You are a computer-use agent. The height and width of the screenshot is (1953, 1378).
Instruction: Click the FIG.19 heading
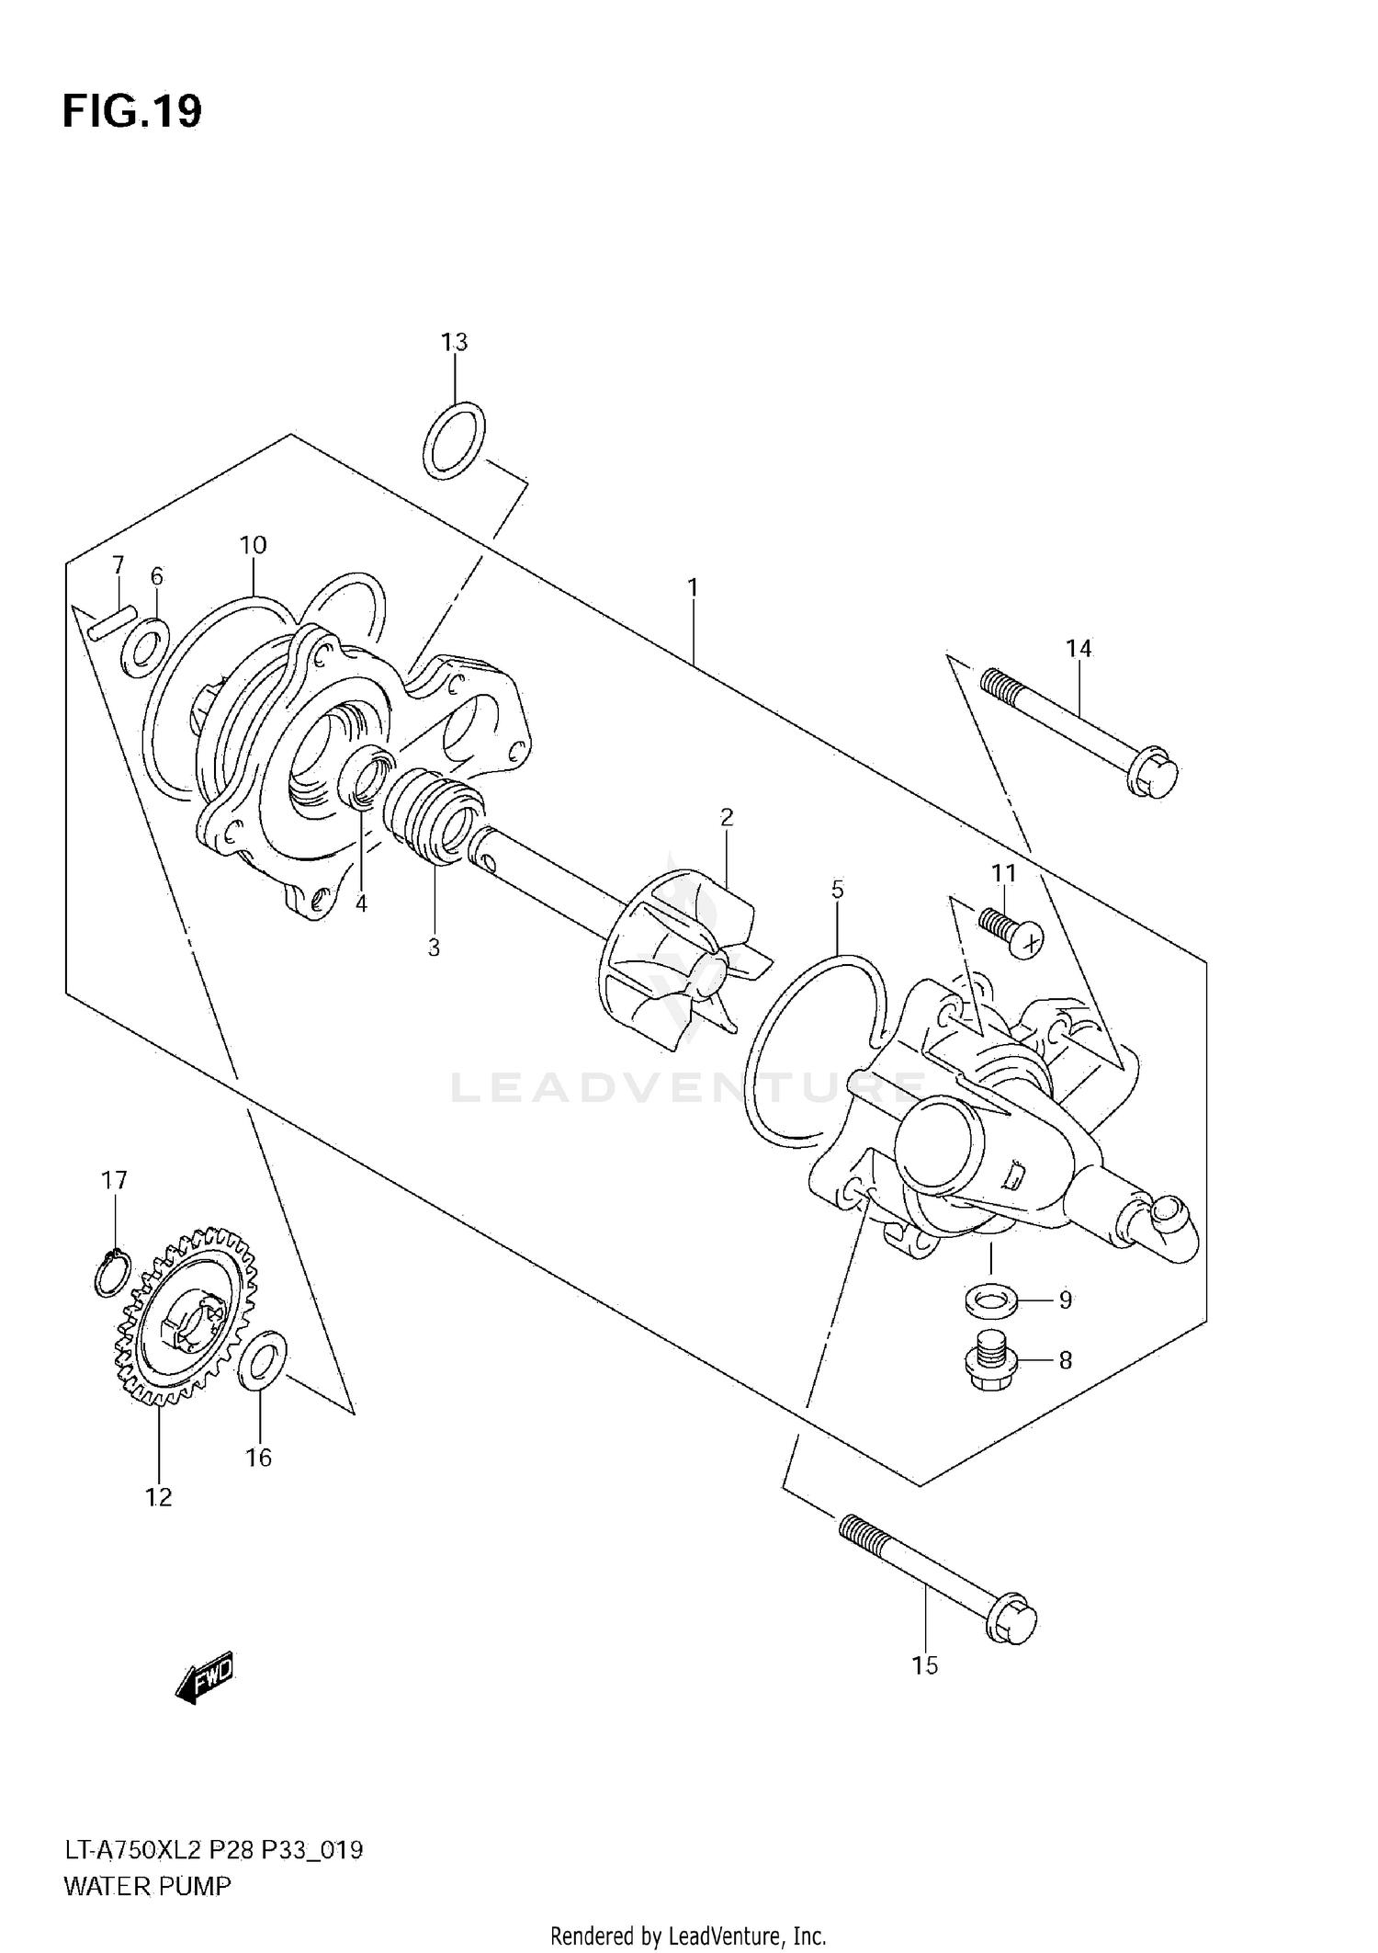pyautogui.click(x=131, y=112)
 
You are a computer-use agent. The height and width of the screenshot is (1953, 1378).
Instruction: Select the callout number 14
pyautogui.click(x=1079, y=649)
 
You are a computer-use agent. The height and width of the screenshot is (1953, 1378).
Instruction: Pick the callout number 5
pyautogui.click(x=837, y=889)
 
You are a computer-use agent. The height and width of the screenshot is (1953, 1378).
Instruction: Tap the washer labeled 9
pyautogui.click(x=990, y=1300)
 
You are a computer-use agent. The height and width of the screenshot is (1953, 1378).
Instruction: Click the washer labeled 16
pyautogui.click(x=262, y=1358)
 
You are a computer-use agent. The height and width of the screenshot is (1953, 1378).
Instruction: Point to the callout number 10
pyautogui.click(x=253, y=545)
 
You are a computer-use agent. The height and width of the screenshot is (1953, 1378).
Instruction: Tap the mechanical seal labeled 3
pyautogui.click(x=432, y=814)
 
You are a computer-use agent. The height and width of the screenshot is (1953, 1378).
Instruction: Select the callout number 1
pyautogui.click(x=693, y=586)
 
